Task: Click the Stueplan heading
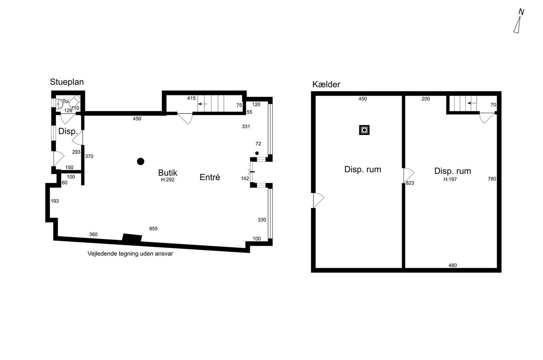pos(67,82)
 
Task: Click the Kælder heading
pos(326,84)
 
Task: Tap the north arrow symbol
pos(519,21)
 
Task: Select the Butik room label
pos(168,173)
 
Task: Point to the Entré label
pos(210,177)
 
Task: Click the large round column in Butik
pos(140,161)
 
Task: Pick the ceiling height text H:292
pos(168,180)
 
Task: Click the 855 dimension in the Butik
pos(154,229)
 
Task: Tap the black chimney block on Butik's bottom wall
pos(132,238)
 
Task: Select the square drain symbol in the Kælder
pos(364,130)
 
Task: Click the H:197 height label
pos(450,179)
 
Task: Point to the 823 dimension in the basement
pos(410,183)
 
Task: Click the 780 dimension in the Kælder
pos(492,179)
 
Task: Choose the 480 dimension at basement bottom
pos(453,265)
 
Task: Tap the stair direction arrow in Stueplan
pos(202,104)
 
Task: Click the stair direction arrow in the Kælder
pos(472,103)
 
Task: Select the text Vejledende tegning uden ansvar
pos(130,254)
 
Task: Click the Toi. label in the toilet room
pos(66,101)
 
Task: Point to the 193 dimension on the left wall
pos(55,201)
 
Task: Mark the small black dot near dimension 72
pos(257,153)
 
